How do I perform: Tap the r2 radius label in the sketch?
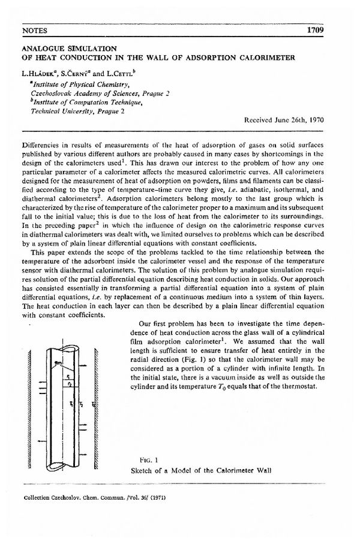click(x=70, y=384)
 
